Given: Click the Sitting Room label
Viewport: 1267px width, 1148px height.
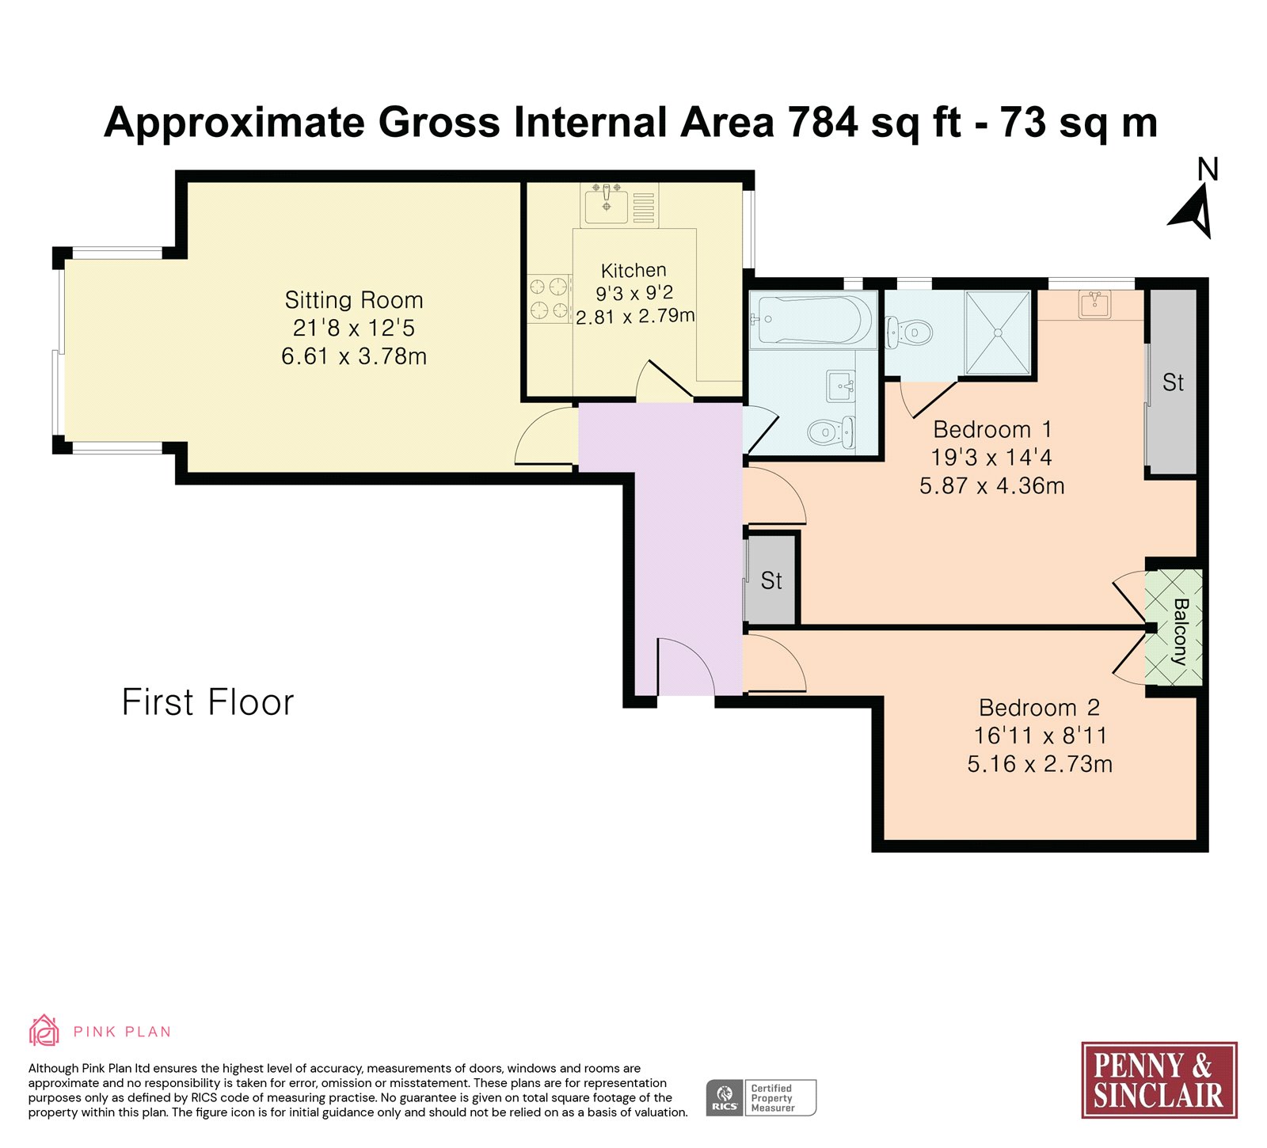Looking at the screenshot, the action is coord(354,300).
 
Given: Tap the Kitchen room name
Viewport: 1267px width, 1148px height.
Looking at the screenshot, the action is coord(633,270).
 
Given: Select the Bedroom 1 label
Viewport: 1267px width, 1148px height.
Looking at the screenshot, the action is coord(992,429).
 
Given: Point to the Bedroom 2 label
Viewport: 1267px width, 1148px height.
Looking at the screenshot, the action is coord(1039,707).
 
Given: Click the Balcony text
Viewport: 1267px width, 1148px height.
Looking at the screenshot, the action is coord(1181,631).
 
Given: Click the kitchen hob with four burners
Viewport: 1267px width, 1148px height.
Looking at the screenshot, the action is coord(550,298).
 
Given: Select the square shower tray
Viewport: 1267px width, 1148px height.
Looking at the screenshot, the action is coord(998,333).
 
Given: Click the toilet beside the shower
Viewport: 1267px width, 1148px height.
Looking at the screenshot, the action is coord(907,333).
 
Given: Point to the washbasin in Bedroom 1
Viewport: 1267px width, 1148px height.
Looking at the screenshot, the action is coord(1095,304).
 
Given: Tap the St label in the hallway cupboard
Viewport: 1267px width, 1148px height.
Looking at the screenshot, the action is coord(771,580).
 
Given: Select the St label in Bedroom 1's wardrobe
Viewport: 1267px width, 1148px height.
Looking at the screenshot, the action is coord(1173,382).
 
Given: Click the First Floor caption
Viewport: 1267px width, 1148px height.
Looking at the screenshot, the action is coord(208,702).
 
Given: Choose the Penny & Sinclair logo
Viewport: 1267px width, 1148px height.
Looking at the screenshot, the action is coord(1159,1080).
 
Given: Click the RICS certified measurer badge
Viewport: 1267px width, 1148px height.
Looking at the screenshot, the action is coord(761,1098).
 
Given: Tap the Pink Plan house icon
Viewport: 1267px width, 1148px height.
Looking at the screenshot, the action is coord(44,1031).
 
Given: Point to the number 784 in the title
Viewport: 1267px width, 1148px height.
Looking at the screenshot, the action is coord(824,123).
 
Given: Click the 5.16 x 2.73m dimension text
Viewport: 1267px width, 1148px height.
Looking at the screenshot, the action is coord(1040,764).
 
